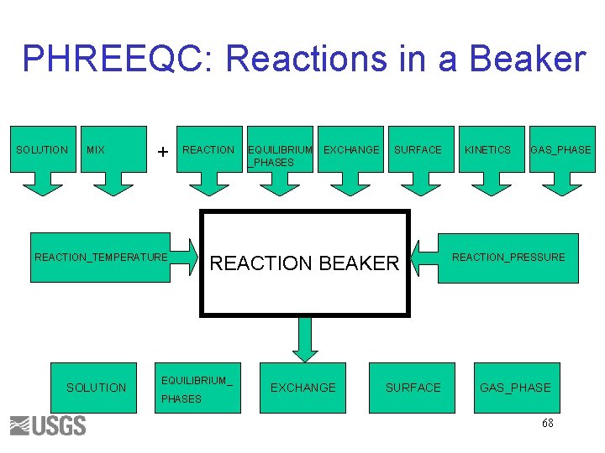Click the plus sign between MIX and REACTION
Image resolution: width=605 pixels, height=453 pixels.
(162, 151)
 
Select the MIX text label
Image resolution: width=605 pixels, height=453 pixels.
(96, 150)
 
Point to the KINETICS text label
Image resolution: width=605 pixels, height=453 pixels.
(487, 150)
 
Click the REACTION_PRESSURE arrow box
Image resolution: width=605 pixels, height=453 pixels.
(504, 258)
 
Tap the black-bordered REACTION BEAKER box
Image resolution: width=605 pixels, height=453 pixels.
(304, 263)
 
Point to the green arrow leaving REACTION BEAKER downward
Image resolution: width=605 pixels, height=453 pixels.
(303, 339)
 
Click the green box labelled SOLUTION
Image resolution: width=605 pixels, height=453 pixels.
(96, 388)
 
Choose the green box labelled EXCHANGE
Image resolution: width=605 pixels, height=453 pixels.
(302, 388)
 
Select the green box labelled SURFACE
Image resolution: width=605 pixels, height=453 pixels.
(412, 388)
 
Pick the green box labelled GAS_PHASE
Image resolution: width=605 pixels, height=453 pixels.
(515, 388)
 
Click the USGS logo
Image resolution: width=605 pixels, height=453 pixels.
(48, 425)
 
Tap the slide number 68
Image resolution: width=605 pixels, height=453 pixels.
(547, 424)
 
